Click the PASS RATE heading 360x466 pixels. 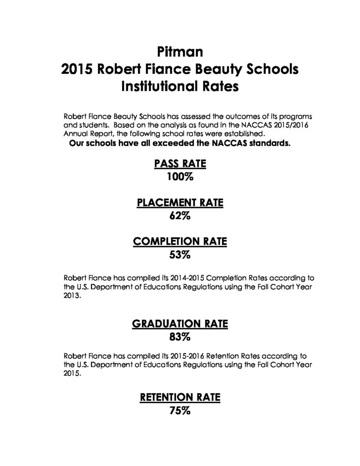(x=180, y=164)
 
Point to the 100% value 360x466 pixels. (x=180, y=177)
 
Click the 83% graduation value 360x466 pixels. (x=180, y=338)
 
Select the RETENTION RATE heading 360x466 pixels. (x=180, y=397)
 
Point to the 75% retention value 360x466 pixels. (x=180, y=411)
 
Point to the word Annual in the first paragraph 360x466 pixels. (x=75, y=134)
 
